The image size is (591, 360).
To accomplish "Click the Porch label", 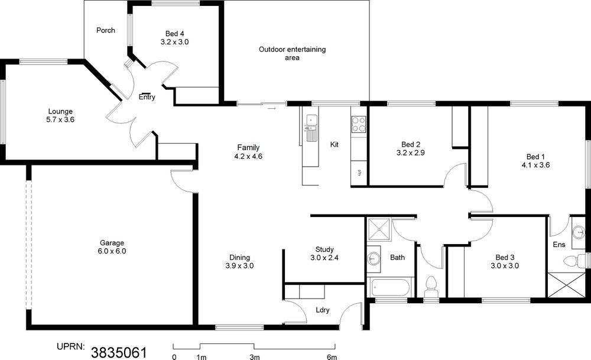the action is tap(106, 30).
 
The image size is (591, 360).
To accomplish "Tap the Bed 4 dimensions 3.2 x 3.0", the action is tap(174, 42).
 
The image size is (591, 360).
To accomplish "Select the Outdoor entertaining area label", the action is tap(292, 54).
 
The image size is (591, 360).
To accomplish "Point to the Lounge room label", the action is tap(60, 112).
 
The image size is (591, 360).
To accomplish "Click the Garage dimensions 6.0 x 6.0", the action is tap(112, 251).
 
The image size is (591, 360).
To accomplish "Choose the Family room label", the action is tap(248, 148).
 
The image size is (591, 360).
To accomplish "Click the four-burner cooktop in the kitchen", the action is tap(359, 124).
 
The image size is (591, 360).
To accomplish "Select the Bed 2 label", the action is tap(411, 144).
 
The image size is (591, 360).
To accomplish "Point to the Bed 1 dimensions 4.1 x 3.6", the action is tap(535, 165).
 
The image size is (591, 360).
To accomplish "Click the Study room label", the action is tap(324, 249).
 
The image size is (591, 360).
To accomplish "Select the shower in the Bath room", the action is tap(379, 229).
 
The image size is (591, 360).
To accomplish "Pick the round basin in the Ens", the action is tap(578, 232).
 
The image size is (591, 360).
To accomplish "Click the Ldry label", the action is tap(323, 310).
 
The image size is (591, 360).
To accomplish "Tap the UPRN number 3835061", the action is tap(119, 353).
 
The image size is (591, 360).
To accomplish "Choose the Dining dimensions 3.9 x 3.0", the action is tap(240, 266).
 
